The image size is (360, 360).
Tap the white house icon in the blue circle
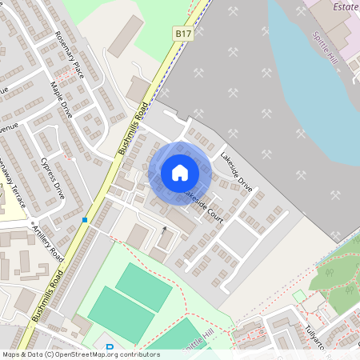point(180,173)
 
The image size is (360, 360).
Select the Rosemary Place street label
point(70,56)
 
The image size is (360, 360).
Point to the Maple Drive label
point(61,99)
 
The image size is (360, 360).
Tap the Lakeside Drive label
point(237,170)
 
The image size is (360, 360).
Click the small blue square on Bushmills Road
point(84,219)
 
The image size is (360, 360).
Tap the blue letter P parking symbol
point(110,348)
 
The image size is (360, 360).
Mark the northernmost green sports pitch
point(143,286)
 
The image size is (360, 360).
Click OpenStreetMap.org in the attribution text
point(96,354)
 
